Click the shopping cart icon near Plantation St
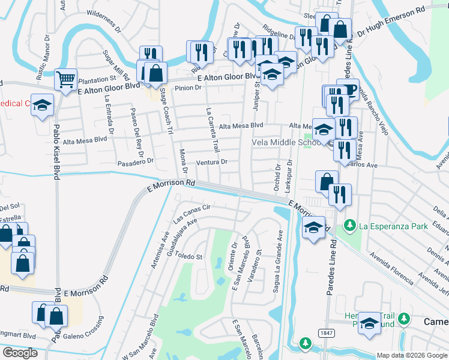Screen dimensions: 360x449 [65, 79]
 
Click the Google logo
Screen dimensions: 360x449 [20, 353]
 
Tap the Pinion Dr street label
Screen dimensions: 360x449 [188, 88]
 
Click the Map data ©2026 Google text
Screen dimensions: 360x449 [411, 355]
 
